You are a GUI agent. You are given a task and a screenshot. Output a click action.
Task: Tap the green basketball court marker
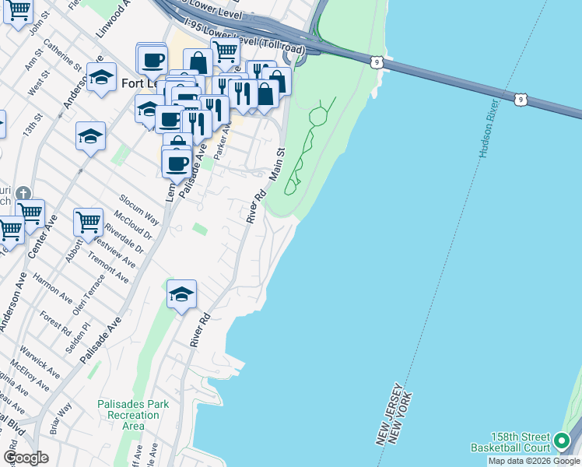tap(562, 443)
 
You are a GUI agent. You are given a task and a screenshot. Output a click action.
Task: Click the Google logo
tap(26, 458)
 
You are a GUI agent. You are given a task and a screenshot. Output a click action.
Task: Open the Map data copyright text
tap(534, 461)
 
